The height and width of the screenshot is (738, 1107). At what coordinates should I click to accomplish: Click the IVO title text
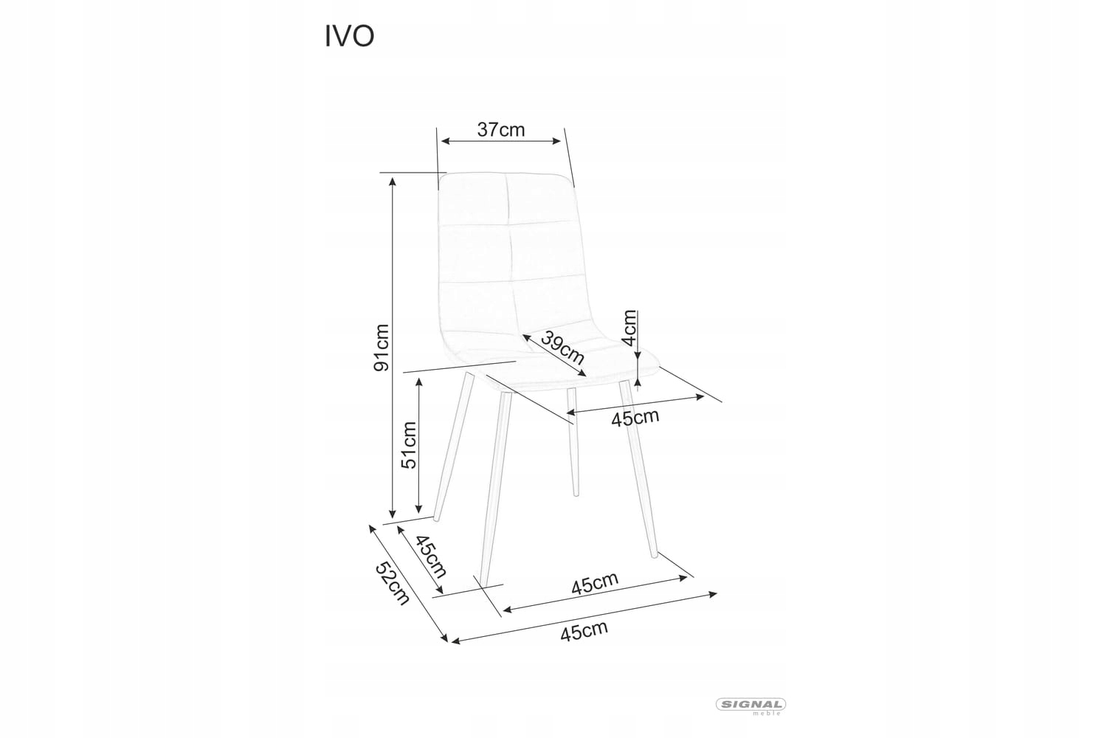(x=349, y=37)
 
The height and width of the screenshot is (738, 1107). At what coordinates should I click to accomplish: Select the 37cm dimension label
(x=501, y=130)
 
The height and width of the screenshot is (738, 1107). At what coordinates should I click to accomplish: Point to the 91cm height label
(x=382, y=348)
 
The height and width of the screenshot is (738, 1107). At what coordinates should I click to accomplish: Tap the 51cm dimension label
(x=409, y=444)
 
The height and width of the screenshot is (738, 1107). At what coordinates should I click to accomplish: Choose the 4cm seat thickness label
(x=629, y=328)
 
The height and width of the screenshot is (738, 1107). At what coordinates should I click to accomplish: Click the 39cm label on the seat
(x=562, y=348)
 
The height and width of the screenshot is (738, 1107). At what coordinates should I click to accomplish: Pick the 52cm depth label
(x=392, y=583)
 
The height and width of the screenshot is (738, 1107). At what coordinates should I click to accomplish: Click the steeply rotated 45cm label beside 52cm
(x=431, y=556)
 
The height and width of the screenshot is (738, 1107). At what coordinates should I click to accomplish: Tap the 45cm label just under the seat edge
(x=635, y=418)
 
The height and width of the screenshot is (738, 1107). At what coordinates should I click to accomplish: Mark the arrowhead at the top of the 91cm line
(x=393, y=179)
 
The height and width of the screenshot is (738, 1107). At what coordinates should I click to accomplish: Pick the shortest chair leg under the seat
(x=573, y=443)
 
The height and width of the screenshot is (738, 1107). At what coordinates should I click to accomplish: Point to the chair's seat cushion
(x=561, y=365)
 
